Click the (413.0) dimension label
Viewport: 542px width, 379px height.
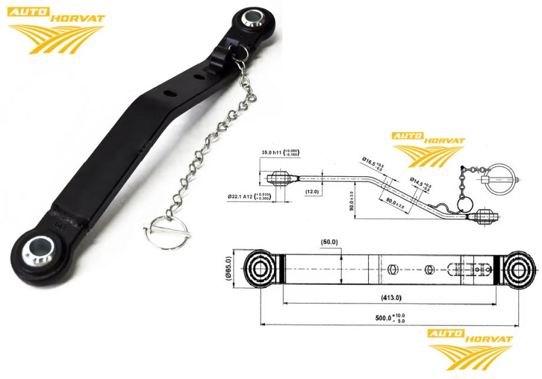pos(390,297)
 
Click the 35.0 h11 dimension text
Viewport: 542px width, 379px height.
pos(277,153)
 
